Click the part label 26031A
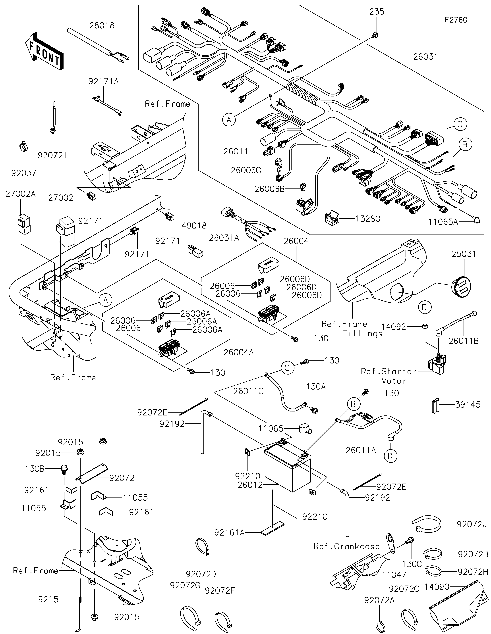click(x=224, y=238)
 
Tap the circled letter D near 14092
click(x=425, y=307)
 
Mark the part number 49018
click(x=194, y=226)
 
